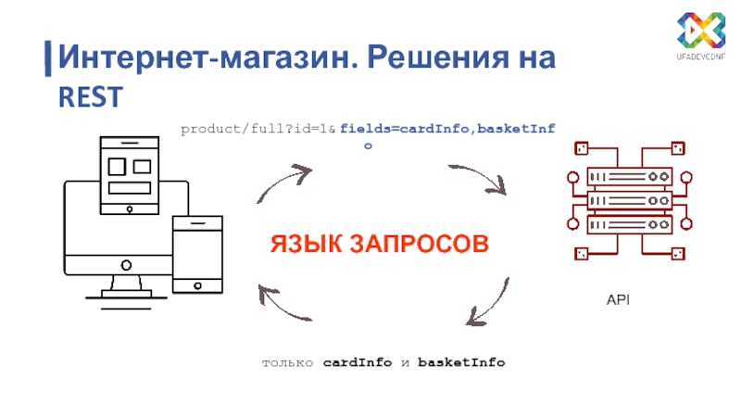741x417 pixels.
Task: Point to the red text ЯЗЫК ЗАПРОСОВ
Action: pyautogui.click(x=379, y=245)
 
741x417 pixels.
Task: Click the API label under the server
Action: pyautogui.click(x=618, y=301)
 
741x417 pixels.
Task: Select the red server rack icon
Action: pyautogui.click(x=629, y=200)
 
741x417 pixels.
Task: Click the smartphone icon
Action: pyautogui.click(x=198, y=256)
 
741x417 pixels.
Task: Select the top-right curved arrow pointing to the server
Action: pyautogui.click(x=481, y=178)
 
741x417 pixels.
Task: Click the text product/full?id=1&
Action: pyautogui.click(x=258, y=130)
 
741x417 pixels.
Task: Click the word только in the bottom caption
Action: pyautogui.click(x=289, y=361)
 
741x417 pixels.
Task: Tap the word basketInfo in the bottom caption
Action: pyautogui.click(x=461, y=361)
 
